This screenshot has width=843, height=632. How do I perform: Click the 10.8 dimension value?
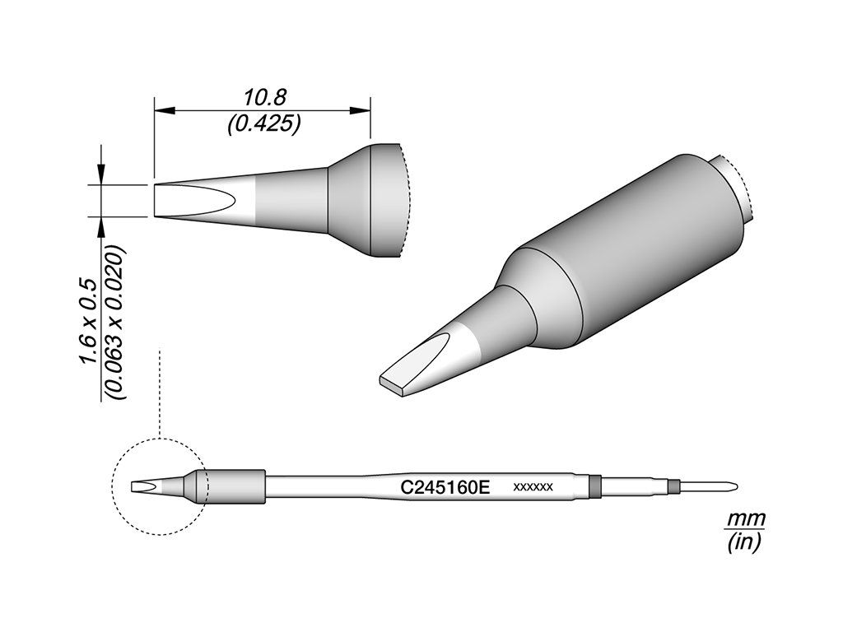tap(263, 98)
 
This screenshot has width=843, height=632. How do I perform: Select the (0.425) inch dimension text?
tap(263, 124)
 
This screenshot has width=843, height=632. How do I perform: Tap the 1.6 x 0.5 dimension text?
tap(87, 322)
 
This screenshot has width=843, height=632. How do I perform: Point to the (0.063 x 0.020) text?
tap(115, 323)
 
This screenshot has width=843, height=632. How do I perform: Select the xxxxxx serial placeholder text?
tap(533, 487)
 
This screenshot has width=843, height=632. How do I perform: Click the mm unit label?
tap(746, 520)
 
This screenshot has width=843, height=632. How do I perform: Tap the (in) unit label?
tap(744, 543)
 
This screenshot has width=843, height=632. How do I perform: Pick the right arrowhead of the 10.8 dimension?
tap(361, 111)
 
